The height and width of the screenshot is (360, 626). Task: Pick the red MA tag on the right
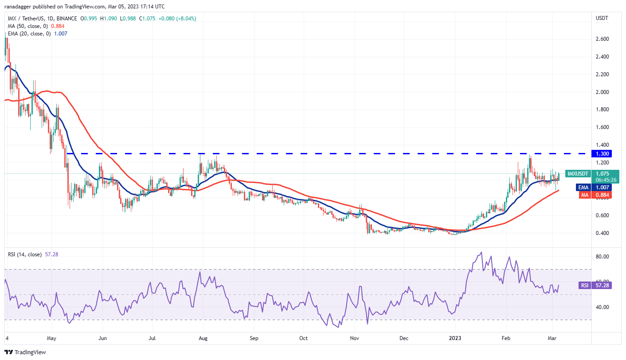coord(584,195)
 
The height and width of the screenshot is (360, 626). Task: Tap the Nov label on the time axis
coord(355,338)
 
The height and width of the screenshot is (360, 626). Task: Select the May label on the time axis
coord(51,338)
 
